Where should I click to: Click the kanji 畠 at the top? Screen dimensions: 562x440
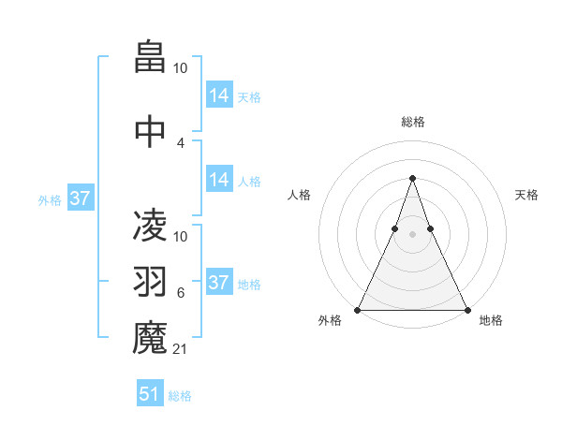coord(150,55)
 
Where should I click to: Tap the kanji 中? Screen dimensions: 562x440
coord(150,132)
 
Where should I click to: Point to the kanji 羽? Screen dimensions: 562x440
coord(150,283)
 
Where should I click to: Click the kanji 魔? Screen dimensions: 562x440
coord(150,338)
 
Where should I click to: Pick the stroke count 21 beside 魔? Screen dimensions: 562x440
coord(180,349)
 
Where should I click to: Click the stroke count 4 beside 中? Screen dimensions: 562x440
coord(180,143)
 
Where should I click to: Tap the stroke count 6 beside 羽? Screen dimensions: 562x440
coord(180,293)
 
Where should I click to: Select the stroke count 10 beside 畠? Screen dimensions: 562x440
coord(180,67)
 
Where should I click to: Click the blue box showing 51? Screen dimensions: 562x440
coord(150,394)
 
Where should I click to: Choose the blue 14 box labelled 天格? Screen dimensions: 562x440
coord(219,95)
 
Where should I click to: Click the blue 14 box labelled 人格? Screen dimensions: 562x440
coord(219,180)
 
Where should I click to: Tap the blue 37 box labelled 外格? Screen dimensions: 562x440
coord(81,198)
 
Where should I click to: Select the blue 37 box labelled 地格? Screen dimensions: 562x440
coord(219,283)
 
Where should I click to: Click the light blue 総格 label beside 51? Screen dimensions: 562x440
coord(180,396)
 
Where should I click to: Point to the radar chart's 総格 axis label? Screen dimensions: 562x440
coord(412,122)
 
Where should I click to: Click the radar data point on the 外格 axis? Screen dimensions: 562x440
coord(358,310)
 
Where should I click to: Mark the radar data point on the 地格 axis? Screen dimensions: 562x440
coord(466,310)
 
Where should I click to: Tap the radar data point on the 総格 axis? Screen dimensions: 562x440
coord(412,178)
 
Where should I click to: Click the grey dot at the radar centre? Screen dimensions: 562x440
coord(412,235)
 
